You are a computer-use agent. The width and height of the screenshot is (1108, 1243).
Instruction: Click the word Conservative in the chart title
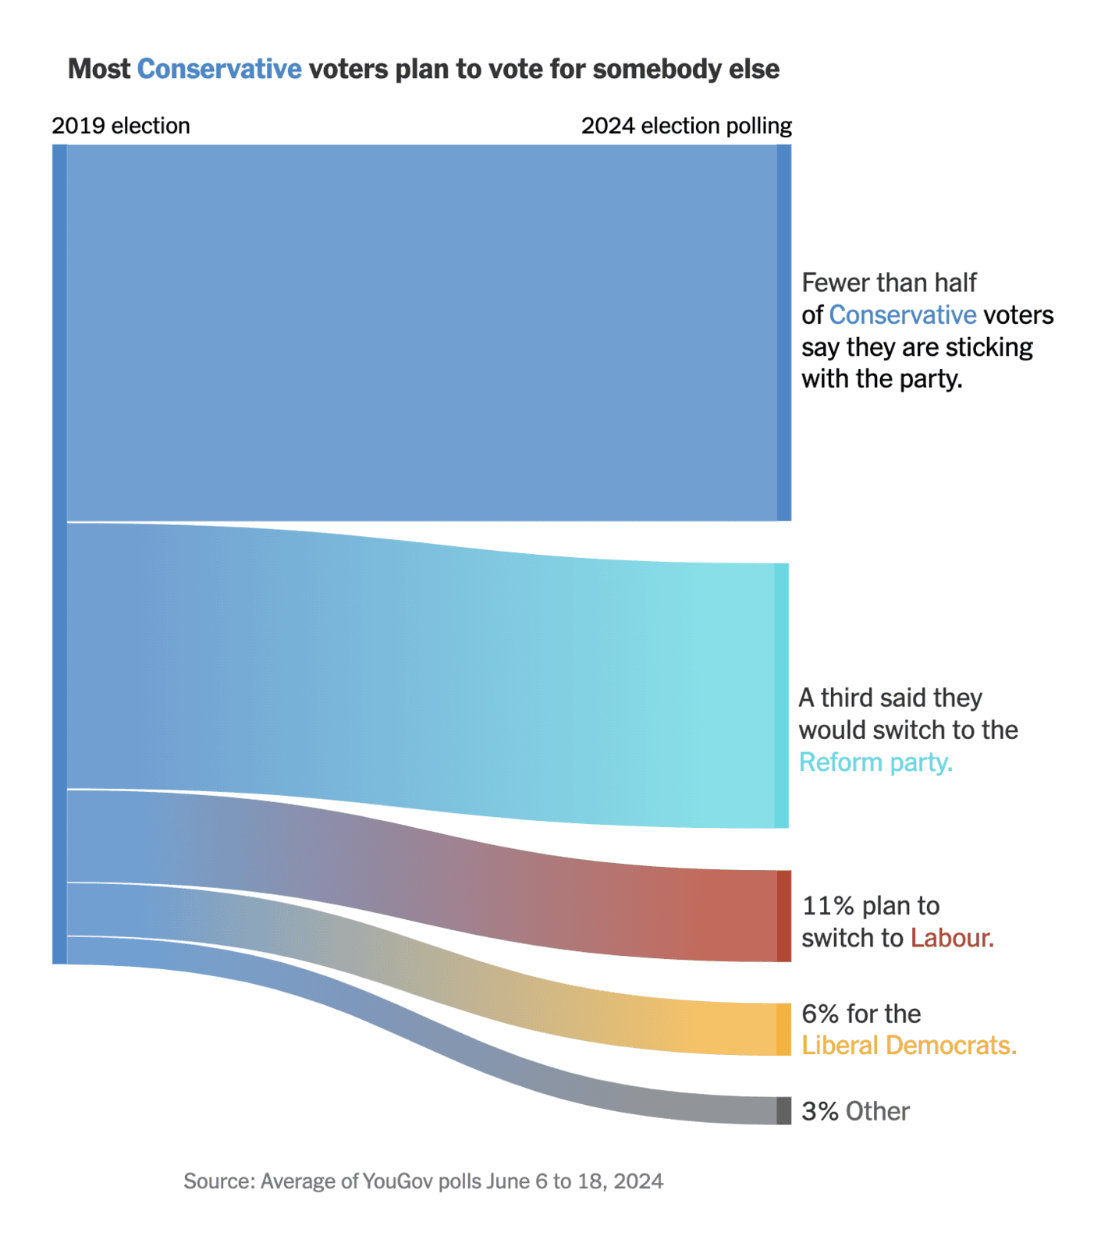click(219, 69)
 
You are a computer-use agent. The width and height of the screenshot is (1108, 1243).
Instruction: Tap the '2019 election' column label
click(121, 126)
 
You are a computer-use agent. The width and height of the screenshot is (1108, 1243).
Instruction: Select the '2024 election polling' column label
click(686, 126)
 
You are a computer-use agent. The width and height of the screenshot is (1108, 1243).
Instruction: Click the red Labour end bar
click(783, 916)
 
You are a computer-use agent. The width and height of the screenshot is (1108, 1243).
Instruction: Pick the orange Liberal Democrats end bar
click(783, 1029)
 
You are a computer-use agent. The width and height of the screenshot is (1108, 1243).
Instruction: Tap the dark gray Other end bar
click(783, 1110)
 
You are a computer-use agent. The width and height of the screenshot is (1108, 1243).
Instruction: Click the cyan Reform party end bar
click(781, 695)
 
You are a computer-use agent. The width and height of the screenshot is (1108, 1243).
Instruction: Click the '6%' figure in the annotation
click(820, 1014)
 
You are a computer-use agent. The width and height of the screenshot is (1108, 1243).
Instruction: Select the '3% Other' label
click(855, 1111)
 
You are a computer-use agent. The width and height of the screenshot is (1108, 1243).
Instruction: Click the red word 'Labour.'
click(952, 938)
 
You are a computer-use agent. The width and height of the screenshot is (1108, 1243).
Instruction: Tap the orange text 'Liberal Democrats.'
click(909, 1046)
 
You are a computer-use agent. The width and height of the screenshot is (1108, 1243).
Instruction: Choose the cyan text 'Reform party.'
click(875, 762)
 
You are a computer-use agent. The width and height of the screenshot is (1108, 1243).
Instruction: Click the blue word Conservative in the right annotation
click(902, 314)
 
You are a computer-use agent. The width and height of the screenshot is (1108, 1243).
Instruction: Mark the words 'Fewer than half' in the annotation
click(889, 282)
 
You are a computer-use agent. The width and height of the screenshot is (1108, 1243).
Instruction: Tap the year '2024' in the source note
click(638, 1181)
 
